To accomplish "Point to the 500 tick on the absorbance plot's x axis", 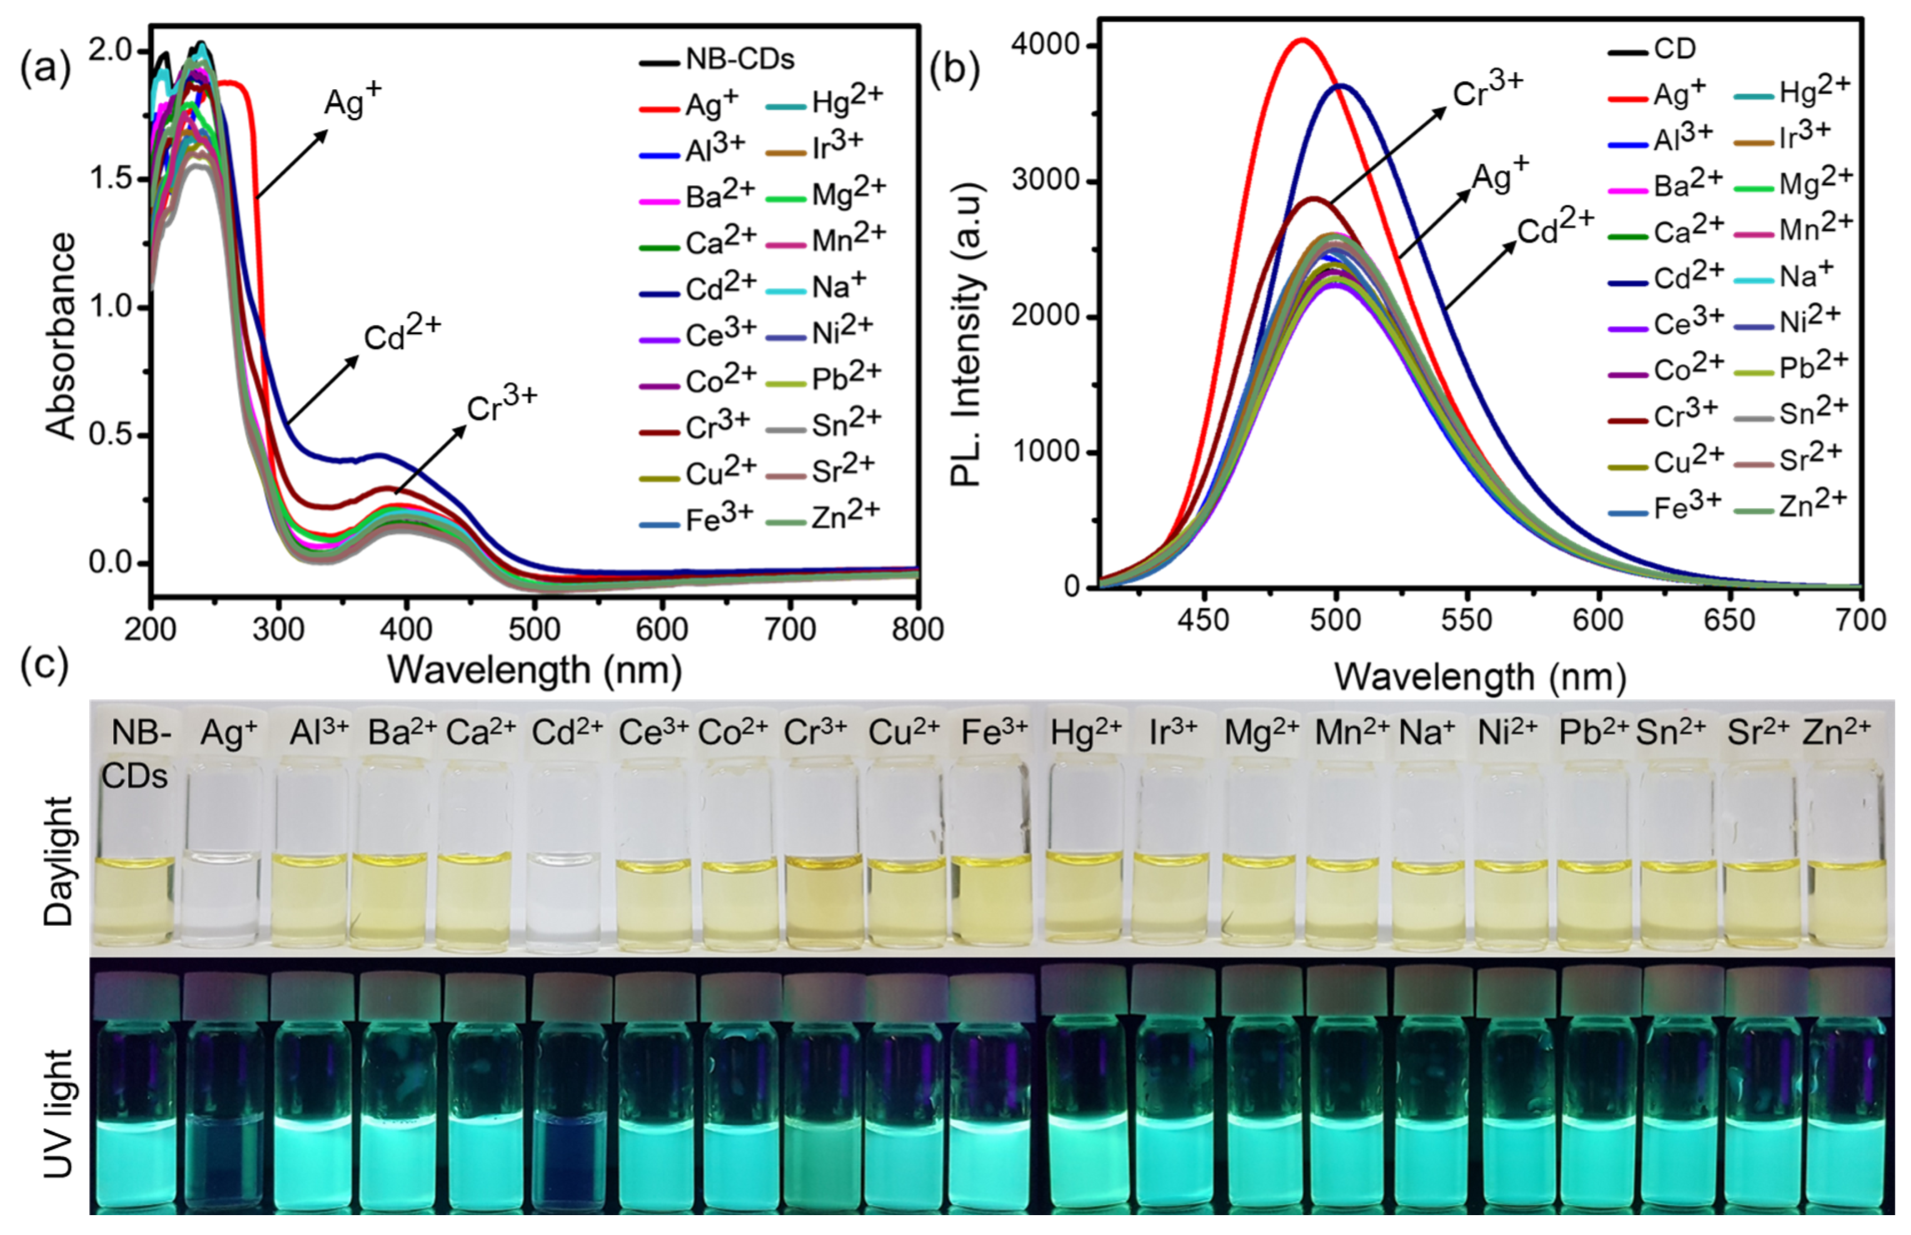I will click(534, 629).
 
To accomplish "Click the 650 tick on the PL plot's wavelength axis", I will click(1730, 620).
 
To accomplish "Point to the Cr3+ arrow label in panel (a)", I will click(501, 405).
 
